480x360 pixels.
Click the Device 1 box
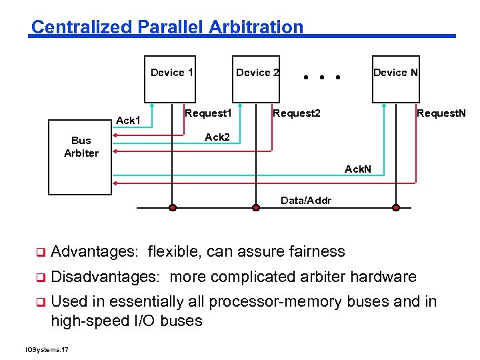pos(171,79)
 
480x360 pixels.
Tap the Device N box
pos(395,79)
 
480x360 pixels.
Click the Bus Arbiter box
pos(81,157)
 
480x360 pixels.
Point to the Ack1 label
pos(128,121)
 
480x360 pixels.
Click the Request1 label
pos(208,113)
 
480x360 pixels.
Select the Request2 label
pos(297,113)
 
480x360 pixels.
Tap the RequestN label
pos(441,113)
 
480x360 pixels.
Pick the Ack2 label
pos(217,137)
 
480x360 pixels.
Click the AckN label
pos(358,169)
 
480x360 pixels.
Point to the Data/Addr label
pos(306,200)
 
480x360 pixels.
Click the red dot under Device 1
pos(173,207)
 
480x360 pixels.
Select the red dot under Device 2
pos(255,207)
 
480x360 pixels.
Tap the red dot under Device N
pos(396,207)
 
